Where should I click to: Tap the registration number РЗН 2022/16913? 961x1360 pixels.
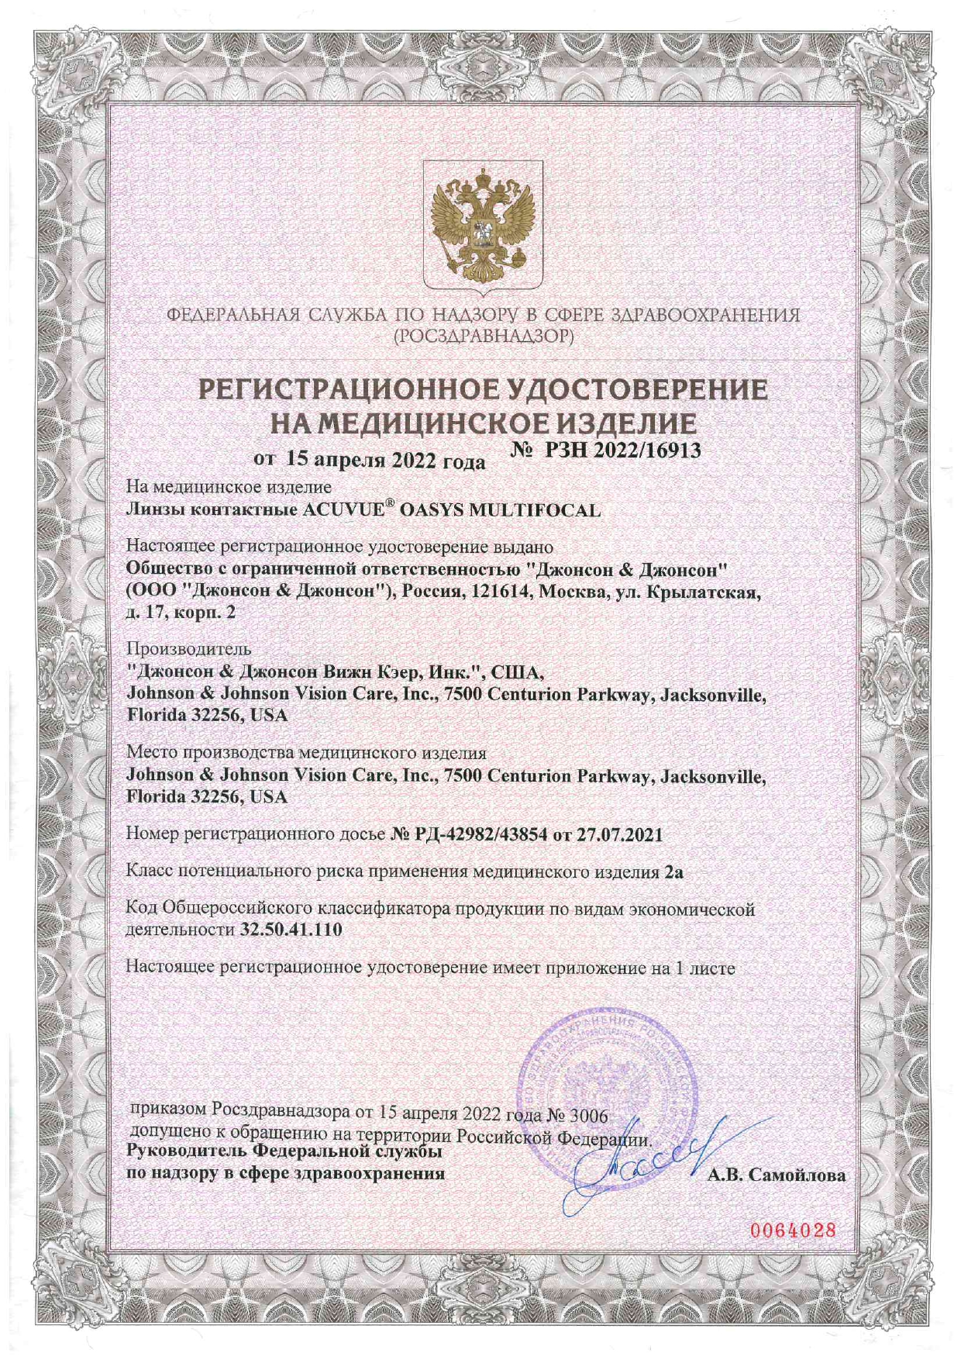tap(623, 450)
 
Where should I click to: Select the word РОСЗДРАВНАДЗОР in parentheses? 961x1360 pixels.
tap(484, 337)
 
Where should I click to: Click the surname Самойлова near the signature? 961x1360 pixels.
tap(798, 1175)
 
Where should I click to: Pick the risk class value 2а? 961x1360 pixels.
tap(673, 872)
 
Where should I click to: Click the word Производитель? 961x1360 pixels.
tap(188, 648)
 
